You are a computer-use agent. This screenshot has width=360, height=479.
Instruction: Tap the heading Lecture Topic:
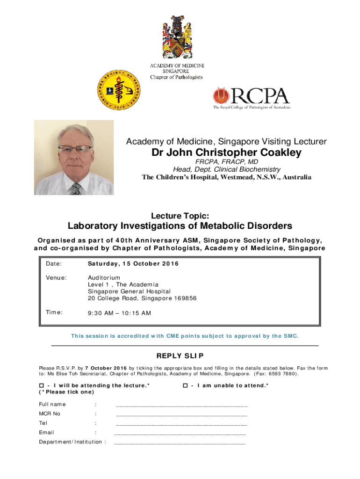tap(180, 215)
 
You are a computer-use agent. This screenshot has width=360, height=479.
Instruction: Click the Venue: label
tap(56, 278)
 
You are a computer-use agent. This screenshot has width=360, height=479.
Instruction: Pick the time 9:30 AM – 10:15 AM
tap(119, 313)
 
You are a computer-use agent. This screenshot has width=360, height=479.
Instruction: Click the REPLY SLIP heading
tap(180, 356)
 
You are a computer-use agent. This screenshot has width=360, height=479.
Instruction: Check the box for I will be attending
tap(41, 385)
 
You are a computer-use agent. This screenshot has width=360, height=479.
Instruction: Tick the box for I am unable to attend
tap(185, 385)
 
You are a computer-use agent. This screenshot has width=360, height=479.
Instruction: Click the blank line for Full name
tap(181, 405)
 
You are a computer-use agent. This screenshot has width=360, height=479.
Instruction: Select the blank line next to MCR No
tap(181, 415)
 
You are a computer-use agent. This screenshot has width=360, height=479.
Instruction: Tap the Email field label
tap(46, 433)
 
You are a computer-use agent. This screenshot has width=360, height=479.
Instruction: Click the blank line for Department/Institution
tap(180, 443)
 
